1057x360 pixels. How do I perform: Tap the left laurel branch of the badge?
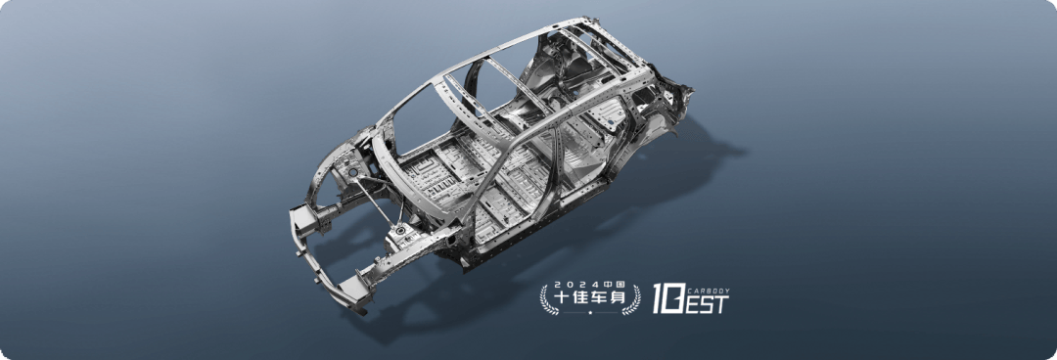(547, 300)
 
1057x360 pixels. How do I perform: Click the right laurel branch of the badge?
(633, 300)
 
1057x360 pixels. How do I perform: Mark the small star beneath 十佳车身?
(590, 313)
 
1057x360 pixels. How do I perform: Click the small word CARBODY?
(709, 292)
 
